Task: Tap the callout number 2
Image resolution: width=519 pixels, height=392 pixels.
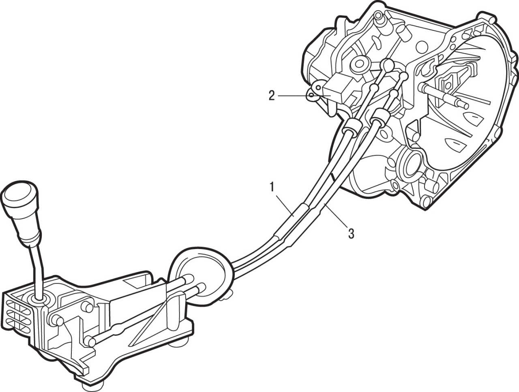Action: click(272, 96)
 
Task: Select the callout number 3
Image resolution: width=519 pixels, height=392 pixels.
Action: click(352, 234)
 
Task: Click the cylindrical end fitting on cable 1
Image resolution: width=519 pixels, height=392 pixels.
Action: click(352, 128)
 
